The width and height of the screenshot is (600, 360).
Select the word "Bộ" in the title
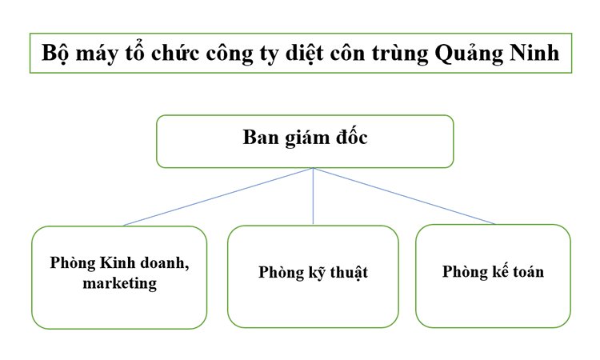[55, 54]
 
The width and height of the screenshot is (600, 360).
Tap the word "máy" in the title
[97, 54]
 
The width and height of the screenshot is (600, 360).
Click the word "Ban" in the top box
[260, 137]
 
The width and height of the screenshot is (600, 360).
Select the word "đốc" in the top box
[349, 137]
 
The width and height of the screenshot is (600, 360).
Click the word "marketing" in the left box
[119, 282]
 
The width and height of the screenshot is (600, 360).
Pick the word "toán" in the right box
[525, 271]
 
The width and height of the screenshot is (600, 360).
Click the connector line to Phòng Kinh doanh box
[216, 197]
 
